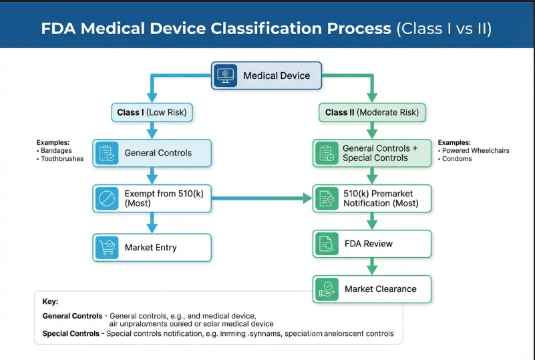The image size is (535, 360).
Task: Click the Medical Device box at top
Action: click(x=266, y=75)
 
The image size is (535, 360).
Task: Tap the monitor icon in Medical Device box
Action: click(x=225, y=75)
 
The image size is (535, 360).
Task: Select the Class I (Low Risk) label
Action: click(x=152, y=112)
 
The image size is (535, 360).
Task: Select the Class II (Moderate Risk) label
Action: click(x=372, y=112)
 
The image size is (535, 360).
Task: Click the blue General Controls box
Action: click(x=152, y=153)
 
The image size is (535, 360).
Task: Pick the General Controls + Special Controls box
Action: click(x=372, y=153)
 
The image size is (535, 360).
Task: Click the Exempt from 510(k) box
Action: click(x=152, y=198)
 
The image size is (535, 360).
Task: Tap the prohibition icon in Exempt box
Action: click(x=106, y=198)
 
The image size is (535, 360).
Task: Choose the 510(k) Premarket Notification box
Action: click(x=372, y=198)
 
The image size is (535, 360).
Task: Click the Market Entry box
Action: click(x=152, y=247)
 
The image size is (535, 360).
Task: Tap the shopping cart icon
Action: click(x=106, y=247)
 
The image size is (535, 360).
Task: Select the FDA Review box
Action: click(x=372, y=244)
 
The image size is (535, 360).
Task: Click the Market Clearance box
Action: click(x=372, y=289)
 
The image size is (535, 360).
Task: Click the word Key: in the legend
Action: click(x=50, y=301)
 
